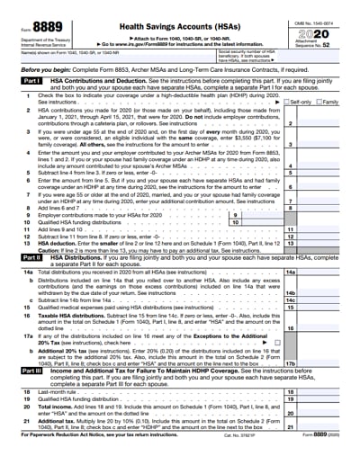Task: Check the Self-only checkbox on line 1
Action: [309, 102]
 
